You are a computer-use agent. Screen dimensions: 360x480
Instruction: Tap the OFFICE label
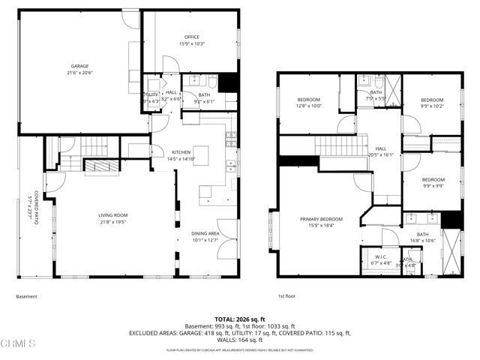(x=192, y=37)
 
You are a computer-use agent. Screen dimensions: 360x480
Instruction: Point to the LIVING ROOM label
(x=112, y=215)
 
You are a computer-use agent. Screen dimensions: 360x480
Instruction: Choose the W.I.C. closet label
(x=379, y=257)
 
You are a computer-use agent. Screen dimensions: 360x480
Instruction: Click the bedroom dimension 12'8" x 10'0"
(x=308, y=106)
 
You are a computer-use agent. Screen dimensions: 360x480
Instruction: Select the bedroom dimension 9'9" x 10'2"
(x=432, y=106)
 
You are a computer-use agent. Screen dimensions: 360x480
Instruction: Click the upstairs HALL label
(x=381, y=148)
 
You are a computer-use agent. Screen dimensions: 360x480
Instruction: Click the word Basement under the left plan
(x=26, y=296)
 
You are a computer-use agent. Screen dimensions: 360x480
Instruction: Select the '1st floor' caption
(x=286, y=296)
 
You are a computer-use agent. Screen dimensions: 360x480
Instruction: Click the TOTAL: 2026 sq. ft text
(x=240, y=319)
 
